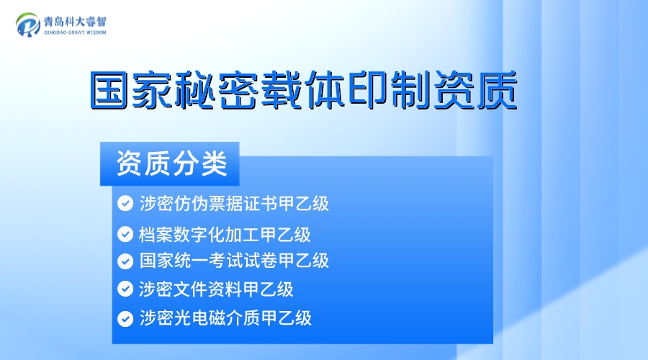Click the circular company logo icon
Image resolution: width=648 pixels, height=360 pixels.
29,25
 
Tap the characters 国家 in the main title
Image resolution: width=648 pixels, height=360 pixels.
133,90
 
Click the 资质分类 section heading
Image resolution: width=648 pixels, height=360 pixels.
171,164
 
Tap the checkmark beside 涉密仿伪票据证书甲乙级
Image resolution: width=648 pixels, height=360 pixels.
125,204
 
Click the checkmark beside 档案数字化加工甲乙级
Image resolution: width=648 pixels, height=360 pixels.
125,234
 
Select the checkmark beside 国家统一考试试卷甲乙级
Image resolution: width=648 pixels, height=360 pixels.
125,261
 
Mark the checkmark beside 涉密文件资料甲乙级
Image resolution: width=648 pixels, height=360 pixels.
125,289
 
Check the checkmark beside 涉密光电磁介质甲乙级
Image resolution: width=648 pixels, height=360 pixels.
125,318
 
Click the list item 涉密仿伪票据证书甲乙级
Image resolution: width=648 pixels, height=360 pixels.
234,204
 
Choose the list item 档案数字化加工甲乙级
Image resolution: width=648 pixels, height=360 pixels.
225,234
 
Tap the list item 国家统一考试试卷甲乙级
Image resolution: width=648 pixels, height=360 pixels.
234,261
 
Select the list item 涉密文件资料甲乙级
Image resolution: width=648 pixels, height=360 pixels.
216,289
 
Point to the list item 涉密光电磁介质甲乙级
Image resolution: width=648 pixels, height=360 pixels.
225,318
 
